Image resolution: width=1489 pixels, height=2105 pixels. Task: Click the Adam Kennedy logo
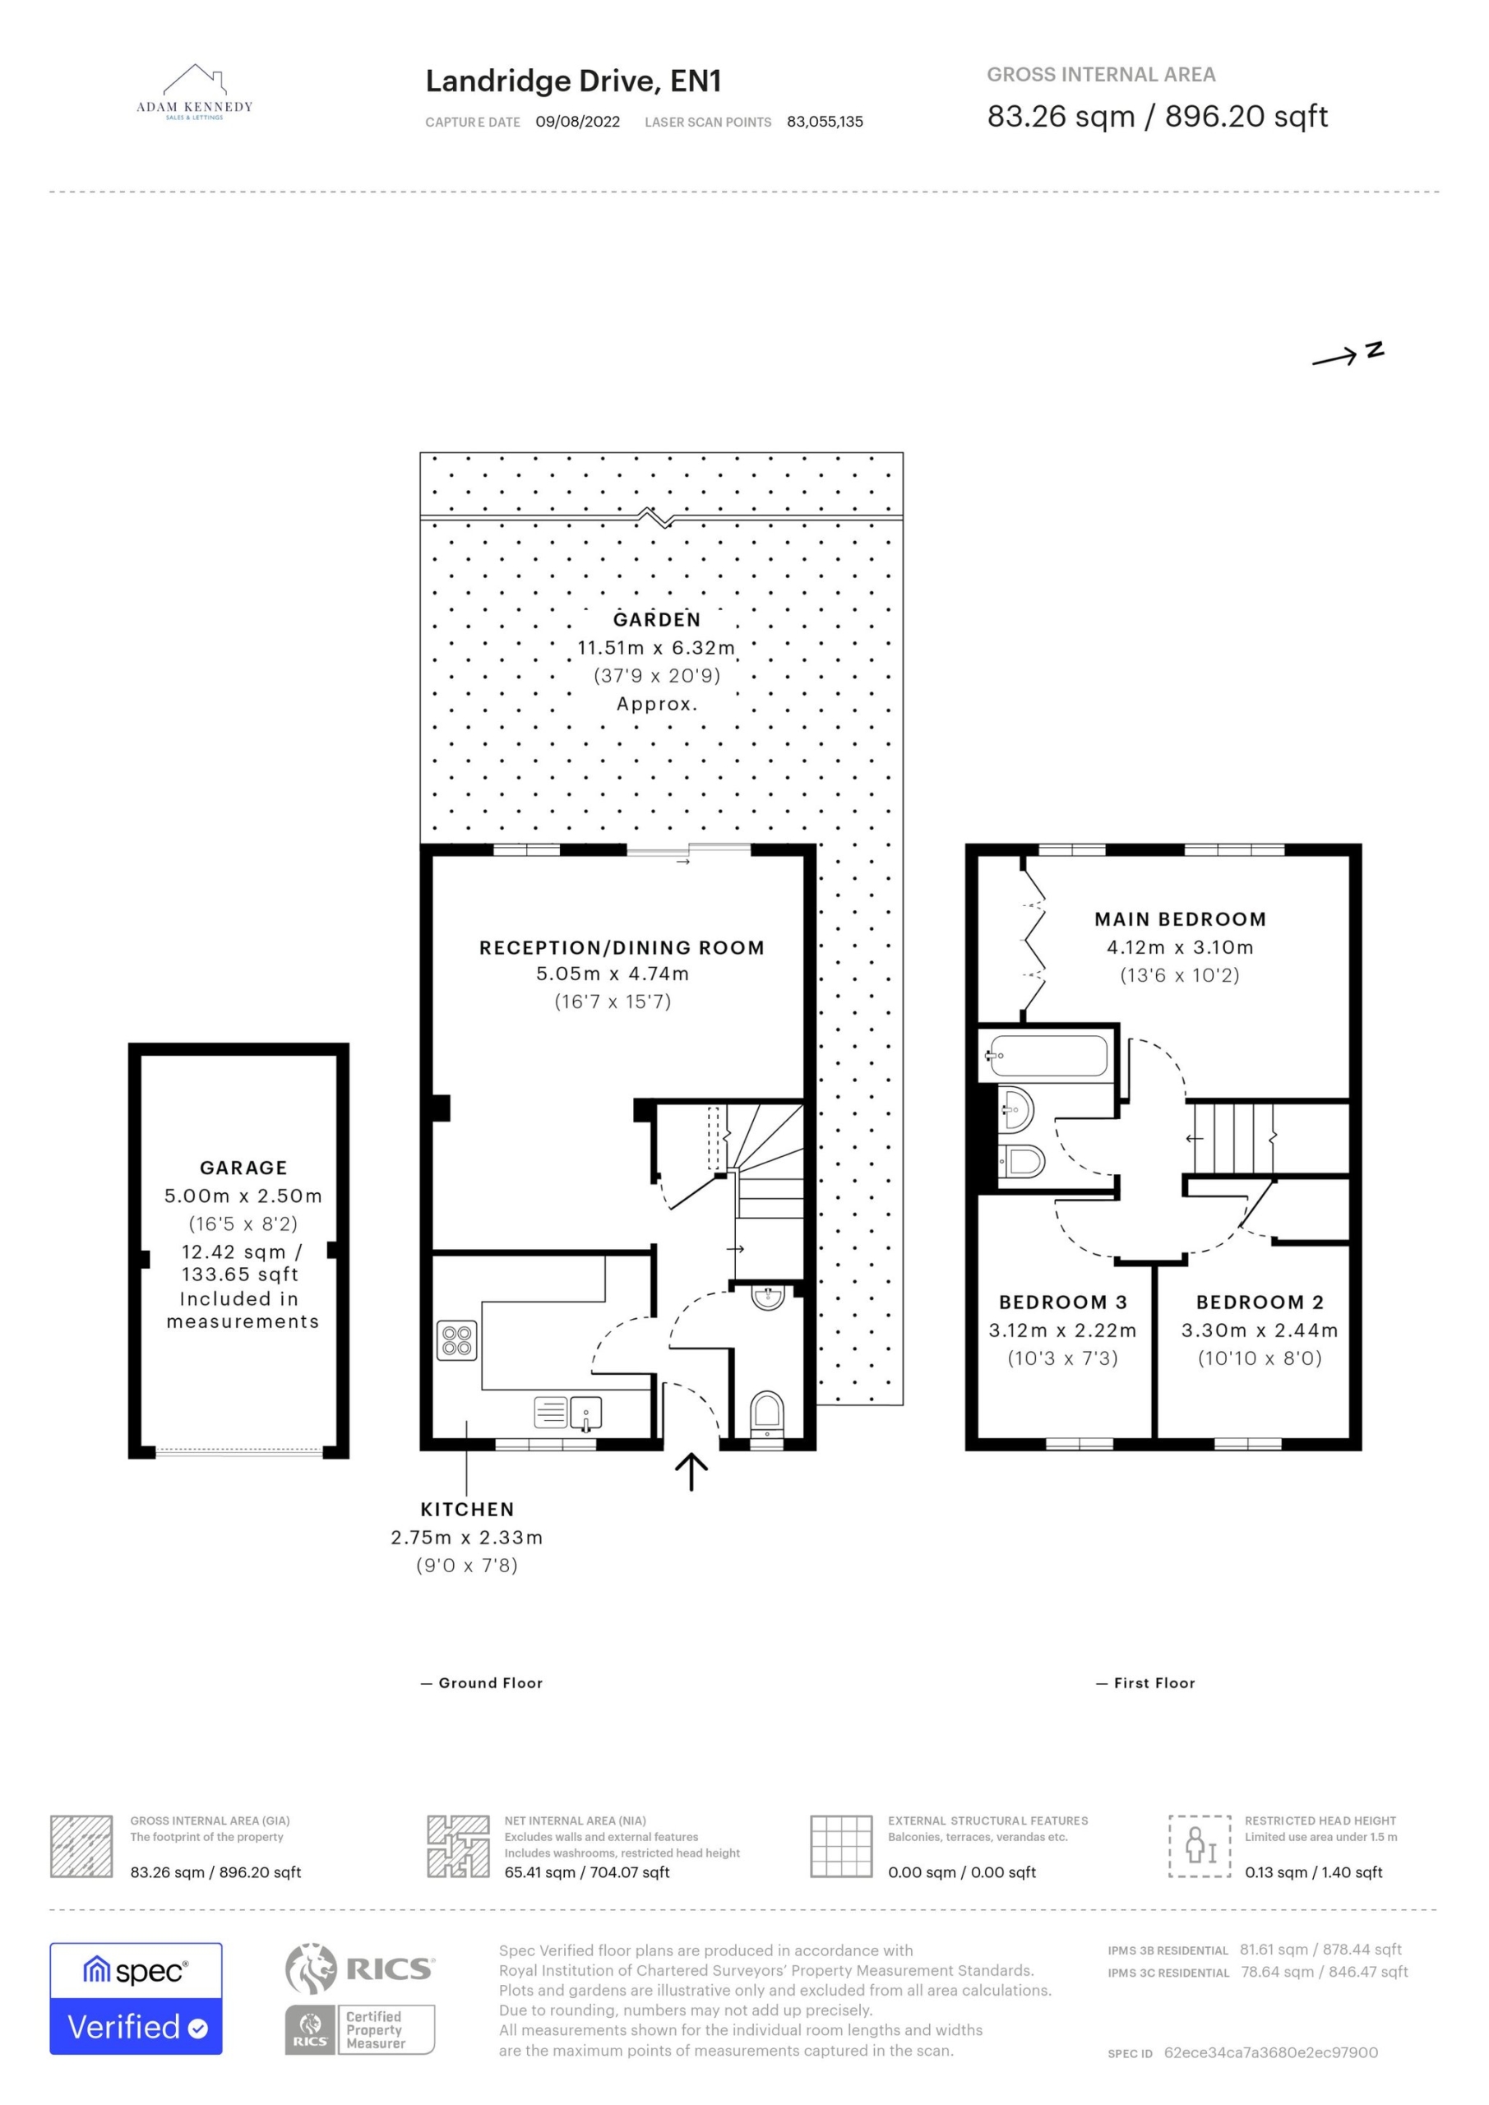tap(194, 93)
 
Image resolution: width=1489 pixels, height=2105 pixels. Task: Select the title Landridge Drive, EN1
tap(573, 81)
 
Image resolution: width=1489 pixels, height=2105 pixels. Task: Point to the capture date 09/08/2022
tap(578, 122)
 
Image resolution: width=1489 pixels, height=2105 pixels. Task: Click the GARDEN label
tap(656, 620)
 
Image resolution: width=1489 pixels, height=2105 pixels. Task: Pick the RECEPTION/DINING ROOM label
tap(622, 948)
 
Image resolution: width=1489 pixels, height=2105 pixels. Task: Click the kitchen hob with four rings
tap(456, 1340)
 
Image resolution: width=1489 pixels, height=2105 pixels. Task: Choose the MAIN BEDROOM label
tap(1180, 919)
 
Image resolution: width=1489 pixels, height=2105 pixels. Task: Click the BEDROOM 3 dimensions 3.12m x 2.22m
tap(1062, 1330)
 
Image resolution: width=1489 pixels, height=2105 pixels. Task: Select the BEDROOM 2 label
tap(1260, 1302)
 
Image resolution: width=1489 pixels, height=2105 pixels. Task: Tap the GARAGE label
tap(244, 1168)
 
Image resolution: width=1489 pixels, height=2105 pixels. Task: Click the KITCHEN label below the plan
tap(467, 1509)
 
